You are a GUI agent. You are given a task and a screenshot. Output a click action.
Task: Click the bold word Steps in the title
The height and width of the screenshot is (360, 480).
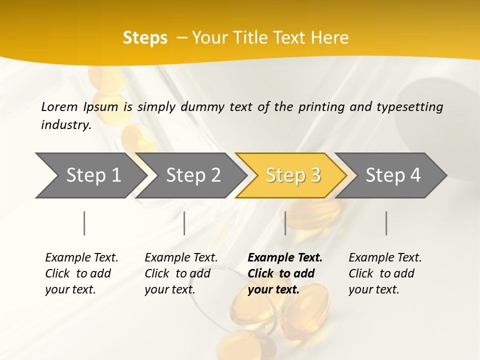pos(145,37)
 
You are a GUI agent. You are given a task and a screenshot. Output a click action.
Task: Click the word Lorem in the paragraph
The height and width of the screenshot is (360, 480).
pos(59,106)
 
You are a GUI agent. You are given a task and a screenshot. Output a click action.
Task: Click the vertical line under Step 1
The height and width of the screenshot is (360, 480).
pos(84,223)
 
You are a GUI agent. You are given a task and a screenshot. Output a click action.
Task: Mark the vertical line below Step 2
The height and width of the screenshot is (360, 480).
pos(184,223)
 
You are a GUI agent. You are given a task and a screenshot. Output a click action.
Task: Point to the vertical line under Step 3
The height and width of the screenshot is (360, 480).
pos(285,223)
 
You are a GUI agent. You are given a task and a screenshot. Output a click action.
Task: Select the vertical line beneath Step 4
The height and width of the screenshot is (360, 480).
pos(386,223)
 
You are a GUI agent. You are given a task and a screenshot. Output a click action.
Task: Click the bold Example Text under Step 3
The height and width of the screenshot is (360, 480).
pos(285,257)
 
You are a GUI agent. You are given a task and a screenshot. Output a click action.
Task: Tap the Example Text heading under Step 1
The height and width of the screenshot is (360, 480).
pos(81,257)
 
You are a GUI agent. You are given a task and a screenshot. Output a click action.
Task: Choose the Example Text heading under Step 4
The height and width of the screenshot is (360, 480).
pos(385,257)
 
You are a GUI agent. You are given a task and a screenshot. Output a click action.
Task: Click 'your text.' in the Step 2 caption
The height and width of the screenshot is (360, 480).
pos(170,289)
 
